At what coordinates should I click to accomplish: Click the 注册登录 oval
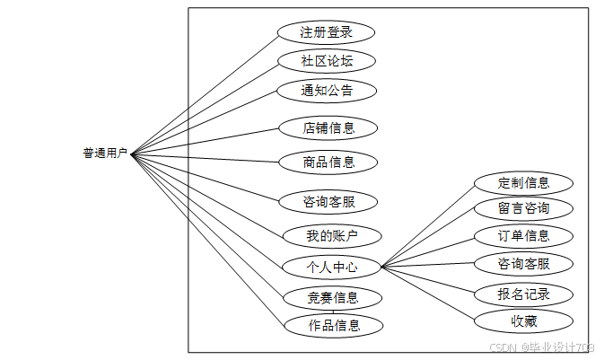326,32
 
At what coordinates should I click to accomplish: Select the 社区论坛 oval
326,61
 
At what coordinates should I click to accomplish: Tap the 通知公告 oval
326,90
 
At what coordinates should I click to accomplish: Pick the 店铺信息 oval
328,127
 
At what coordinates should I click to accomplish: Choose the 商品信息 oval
328,162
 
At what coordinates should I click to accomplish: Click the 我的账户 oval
331,236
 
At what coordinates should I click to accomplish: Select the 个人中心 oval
331,267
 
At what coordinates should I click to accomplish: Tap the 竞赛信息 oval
333,297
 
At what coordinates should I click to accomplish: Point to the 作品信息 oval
334,325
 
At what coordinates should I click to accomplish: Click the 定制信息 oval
523,183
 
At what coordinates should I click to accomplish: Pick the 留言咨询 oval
523,209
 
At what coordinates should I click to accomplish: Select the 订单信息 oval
523,236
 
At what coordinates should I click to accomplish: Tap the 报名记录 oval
523,294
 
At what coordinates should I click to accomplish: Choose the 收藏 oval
523,320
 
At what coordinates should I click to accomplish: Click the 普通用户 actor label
105,154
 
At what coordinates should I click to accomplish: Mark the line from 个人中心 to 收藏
427,293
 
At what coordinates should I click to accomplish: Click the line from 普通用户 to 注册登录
205,92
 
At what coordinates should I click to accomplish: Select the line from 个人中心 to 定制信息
429,224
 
